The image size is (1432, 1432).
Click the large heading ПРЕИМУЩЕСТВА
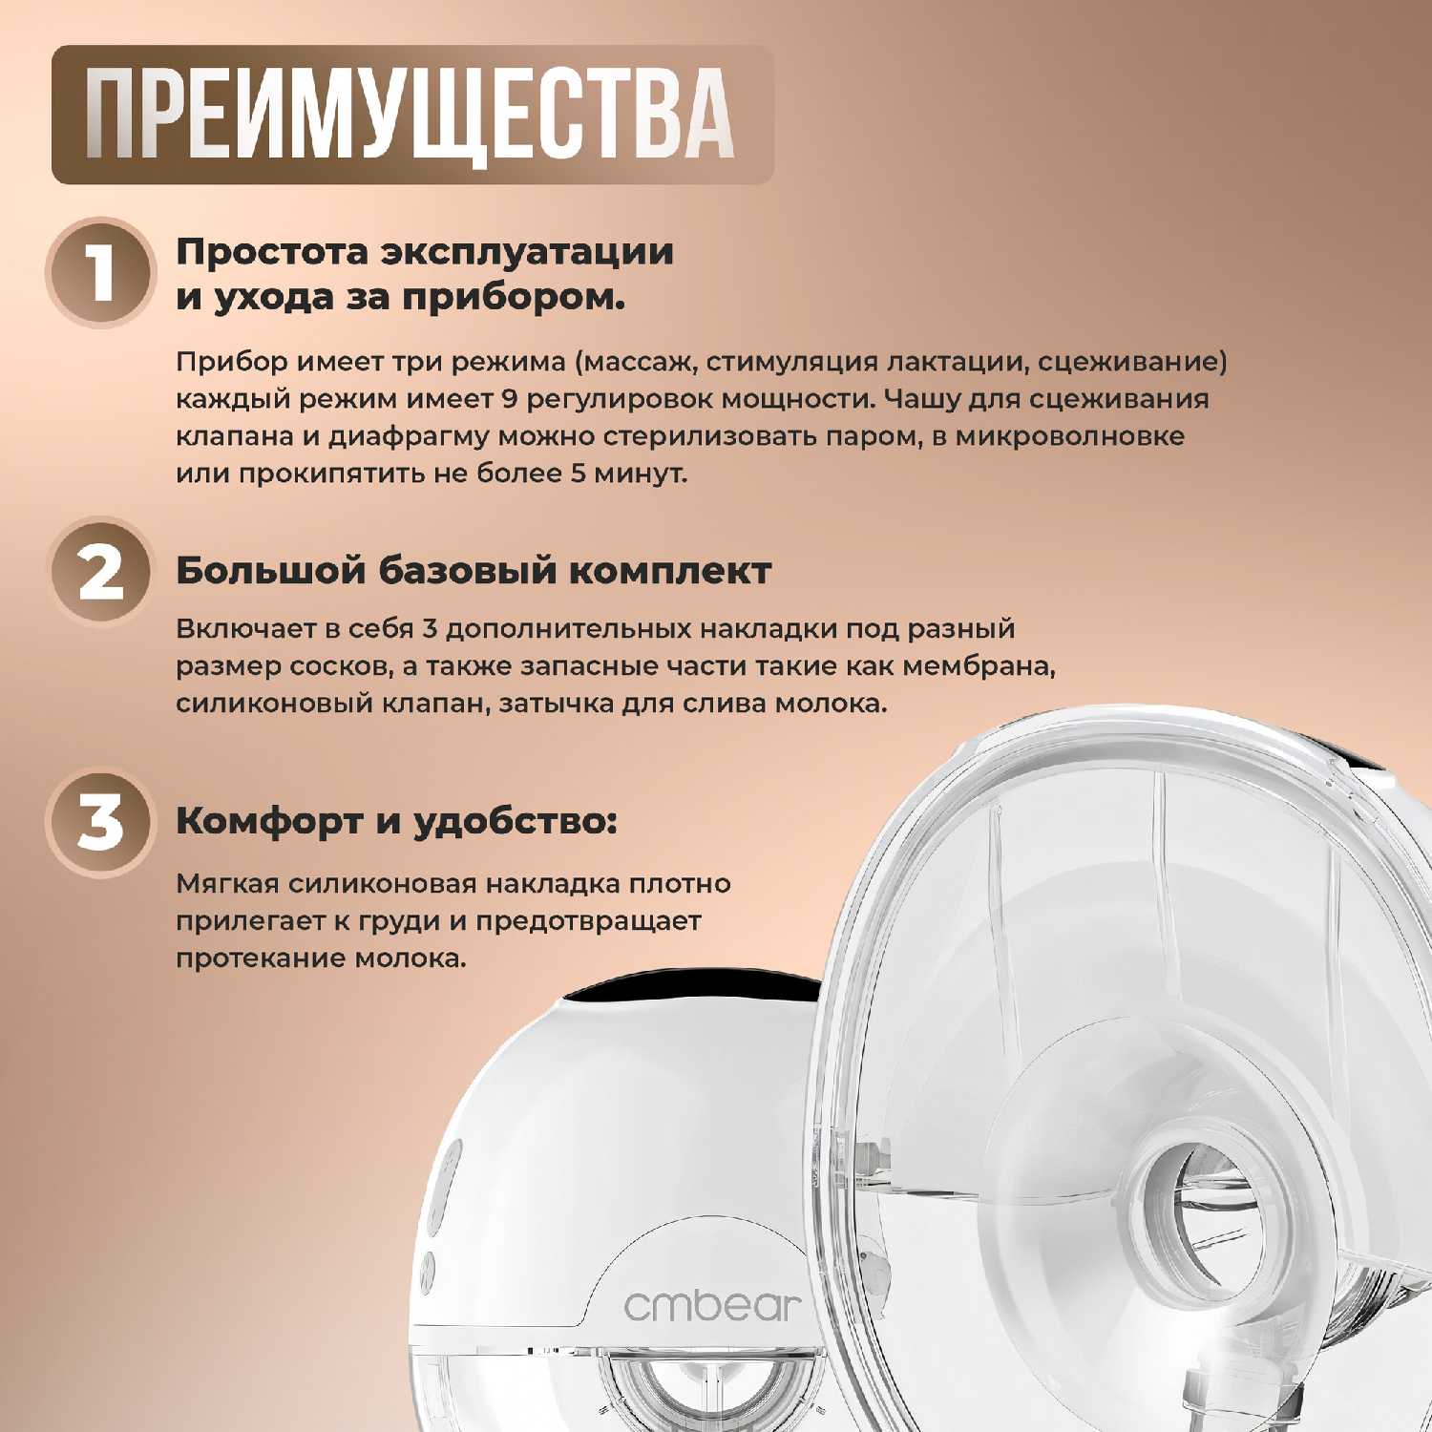click(x=410, y=114)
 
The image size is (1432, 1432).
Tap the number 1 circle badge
click(x=99, y=273)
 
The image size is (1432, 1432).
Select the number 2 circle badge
click(x=99, y=572)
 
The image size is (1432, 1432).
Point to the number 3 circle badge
click(x=99, y=823)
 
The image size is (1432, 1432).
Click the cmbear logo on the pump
click(x=711, y=1304)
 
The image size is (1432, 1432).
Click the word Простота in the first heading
click(x=271, y=252)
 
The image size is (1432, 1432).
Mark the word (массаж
click(x=635, y=363)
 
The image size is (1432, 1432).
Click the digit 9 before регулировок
click(x=509, y=399)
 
